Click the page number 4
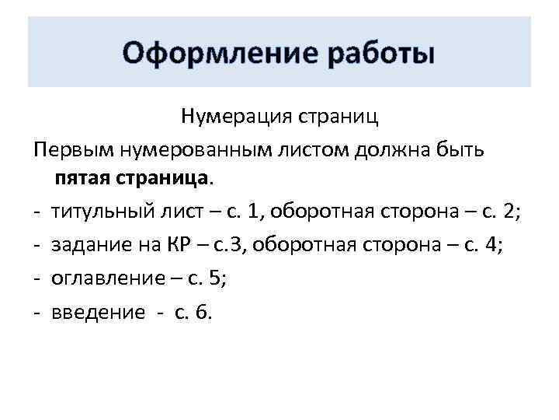pyautogui.click(x=489, y=246)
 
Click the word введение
pyautogui.click(x=98, y=313)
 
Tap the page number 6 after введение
pyautogui.click(x=203, y=313)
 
